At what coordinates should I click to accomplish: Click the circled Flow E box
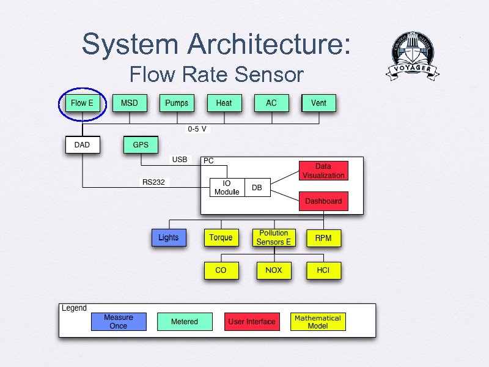(82, 103)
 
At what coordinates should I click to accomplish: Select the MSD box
(130, 103)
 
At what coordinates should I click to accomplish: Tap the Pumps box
(177, 103)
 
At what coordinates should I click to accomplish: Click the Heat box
(224, 103)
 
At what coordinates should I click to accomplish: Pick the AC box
(271, 103)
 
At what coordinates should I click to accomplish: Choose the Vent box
(319, 103)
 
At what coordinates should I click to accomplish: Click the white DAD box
(82, 145)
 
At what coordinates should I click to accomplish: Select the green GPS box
(141, 145)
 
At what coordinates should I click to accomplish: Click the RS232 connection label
(153, 182)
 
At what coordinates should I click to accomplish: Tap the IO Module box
(227, 188)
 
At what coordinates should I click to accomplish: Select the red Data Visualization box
(323, 171)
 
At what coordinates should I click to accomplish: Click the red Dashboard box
(323, 201)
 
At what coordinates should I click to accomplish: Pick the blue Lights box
(169, 237)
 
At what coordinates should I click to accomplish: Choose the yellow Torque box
(221, 237)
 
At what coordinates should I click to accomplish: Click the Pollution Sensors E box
(273, 237)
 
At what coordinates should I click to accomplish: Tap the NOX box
(273, 270)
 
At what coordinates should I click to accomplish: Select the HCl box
(323, 270)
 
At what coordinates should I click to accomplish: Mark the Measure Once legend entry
(119, 322)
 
